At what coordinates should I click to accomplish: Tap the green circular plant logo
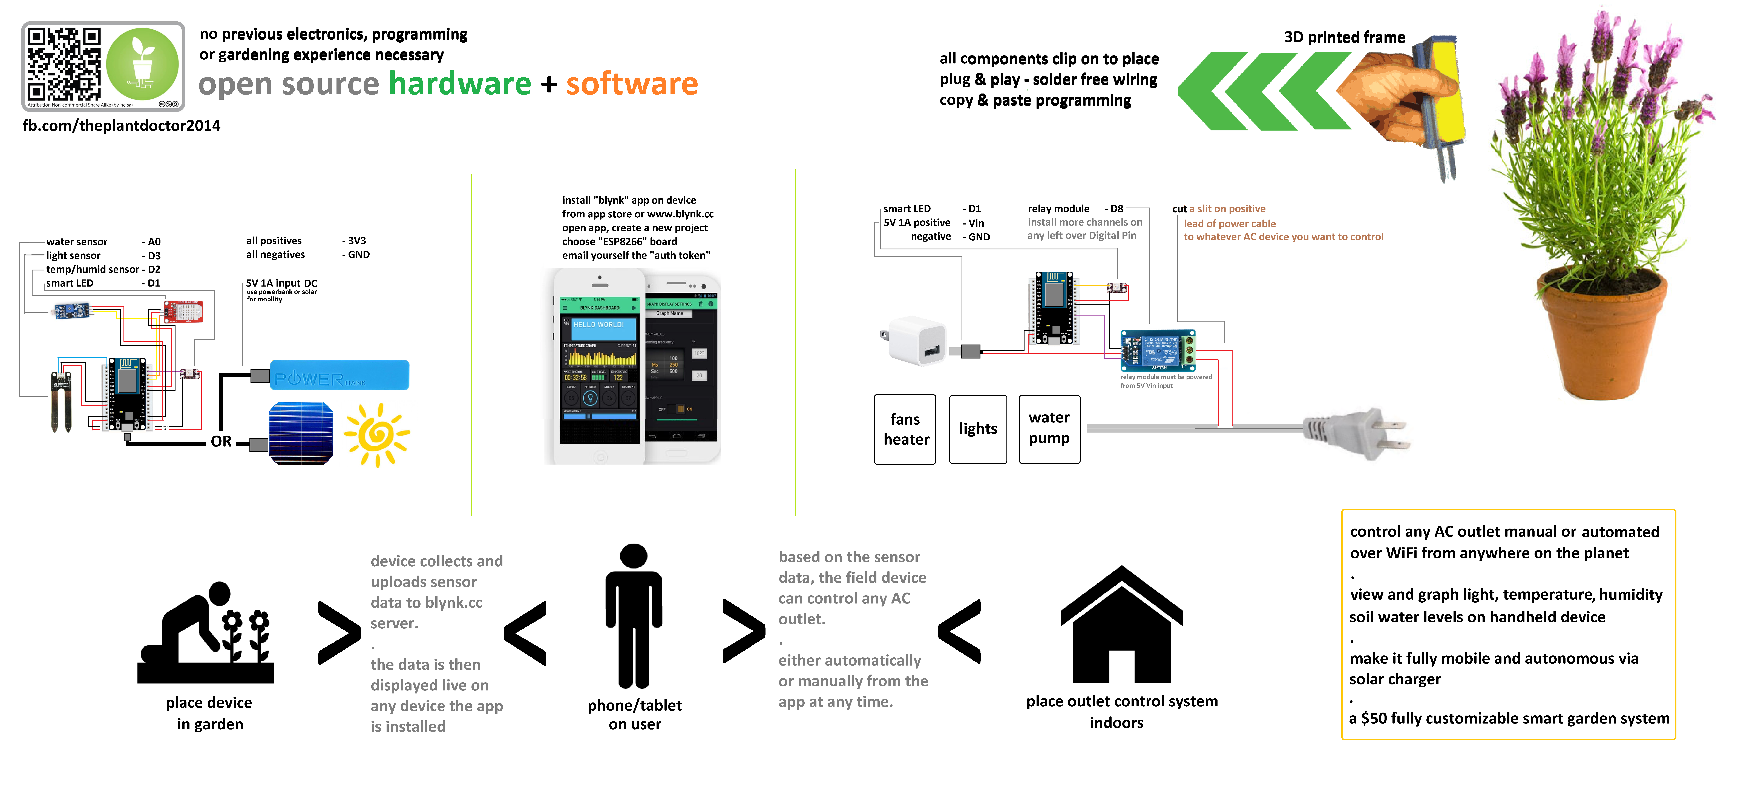pyautogui.click(x=142, y=65)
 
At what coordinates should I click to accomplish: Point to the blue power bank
pyautogui.click(x=339, y=375)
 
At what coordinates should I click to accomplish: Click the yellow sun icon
pyautogui.click(x=376, y=435)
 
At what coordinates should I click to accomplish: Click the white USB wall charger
pyautogui.click(x=916, y=340)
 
